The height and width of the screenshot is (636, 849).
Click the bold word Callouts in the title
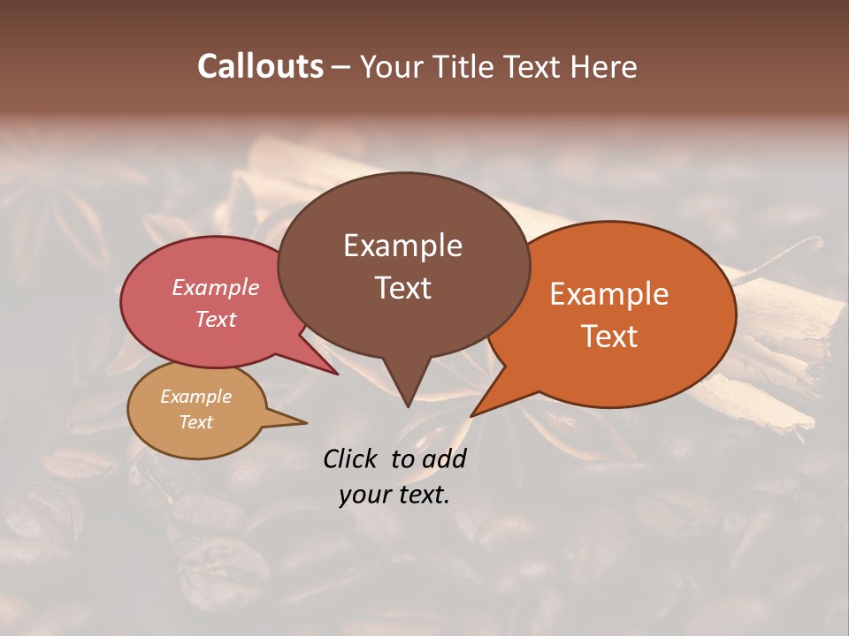click(260, 66)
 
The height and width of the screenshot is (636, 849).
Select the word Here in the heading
click(602, 66)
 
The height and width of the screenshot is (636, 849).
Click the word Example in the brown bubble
click(402, 246)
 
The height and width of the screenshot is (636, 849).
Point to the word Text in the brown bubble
click(402, 287)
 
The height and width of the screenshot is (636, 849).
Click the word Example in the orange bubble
click(609, 294)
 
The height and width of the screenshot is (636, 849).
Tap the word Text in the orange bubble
click(609, 336)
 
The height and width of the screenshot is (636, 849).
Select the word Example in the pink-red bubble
click(216, 287)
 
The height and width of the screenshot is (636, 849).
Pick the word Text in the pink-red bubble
click(216, 319)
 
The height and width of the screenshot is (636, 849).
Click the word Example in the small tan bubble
click(195, 397)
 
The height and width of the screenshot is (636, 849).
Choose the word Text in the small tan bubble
click(195, 422)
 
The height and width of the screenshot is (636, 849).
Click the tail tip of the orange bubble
click(472, 415)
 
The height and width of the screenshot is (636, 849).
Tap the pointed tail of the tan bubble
click(305, 423)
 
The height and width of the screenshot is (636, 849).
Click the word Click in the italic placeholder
click(351, 458)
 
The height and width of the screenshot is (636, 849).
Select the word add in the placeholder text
click(444, 458)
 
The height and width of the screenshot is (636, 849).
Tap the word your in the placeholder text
click(365, 495)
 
